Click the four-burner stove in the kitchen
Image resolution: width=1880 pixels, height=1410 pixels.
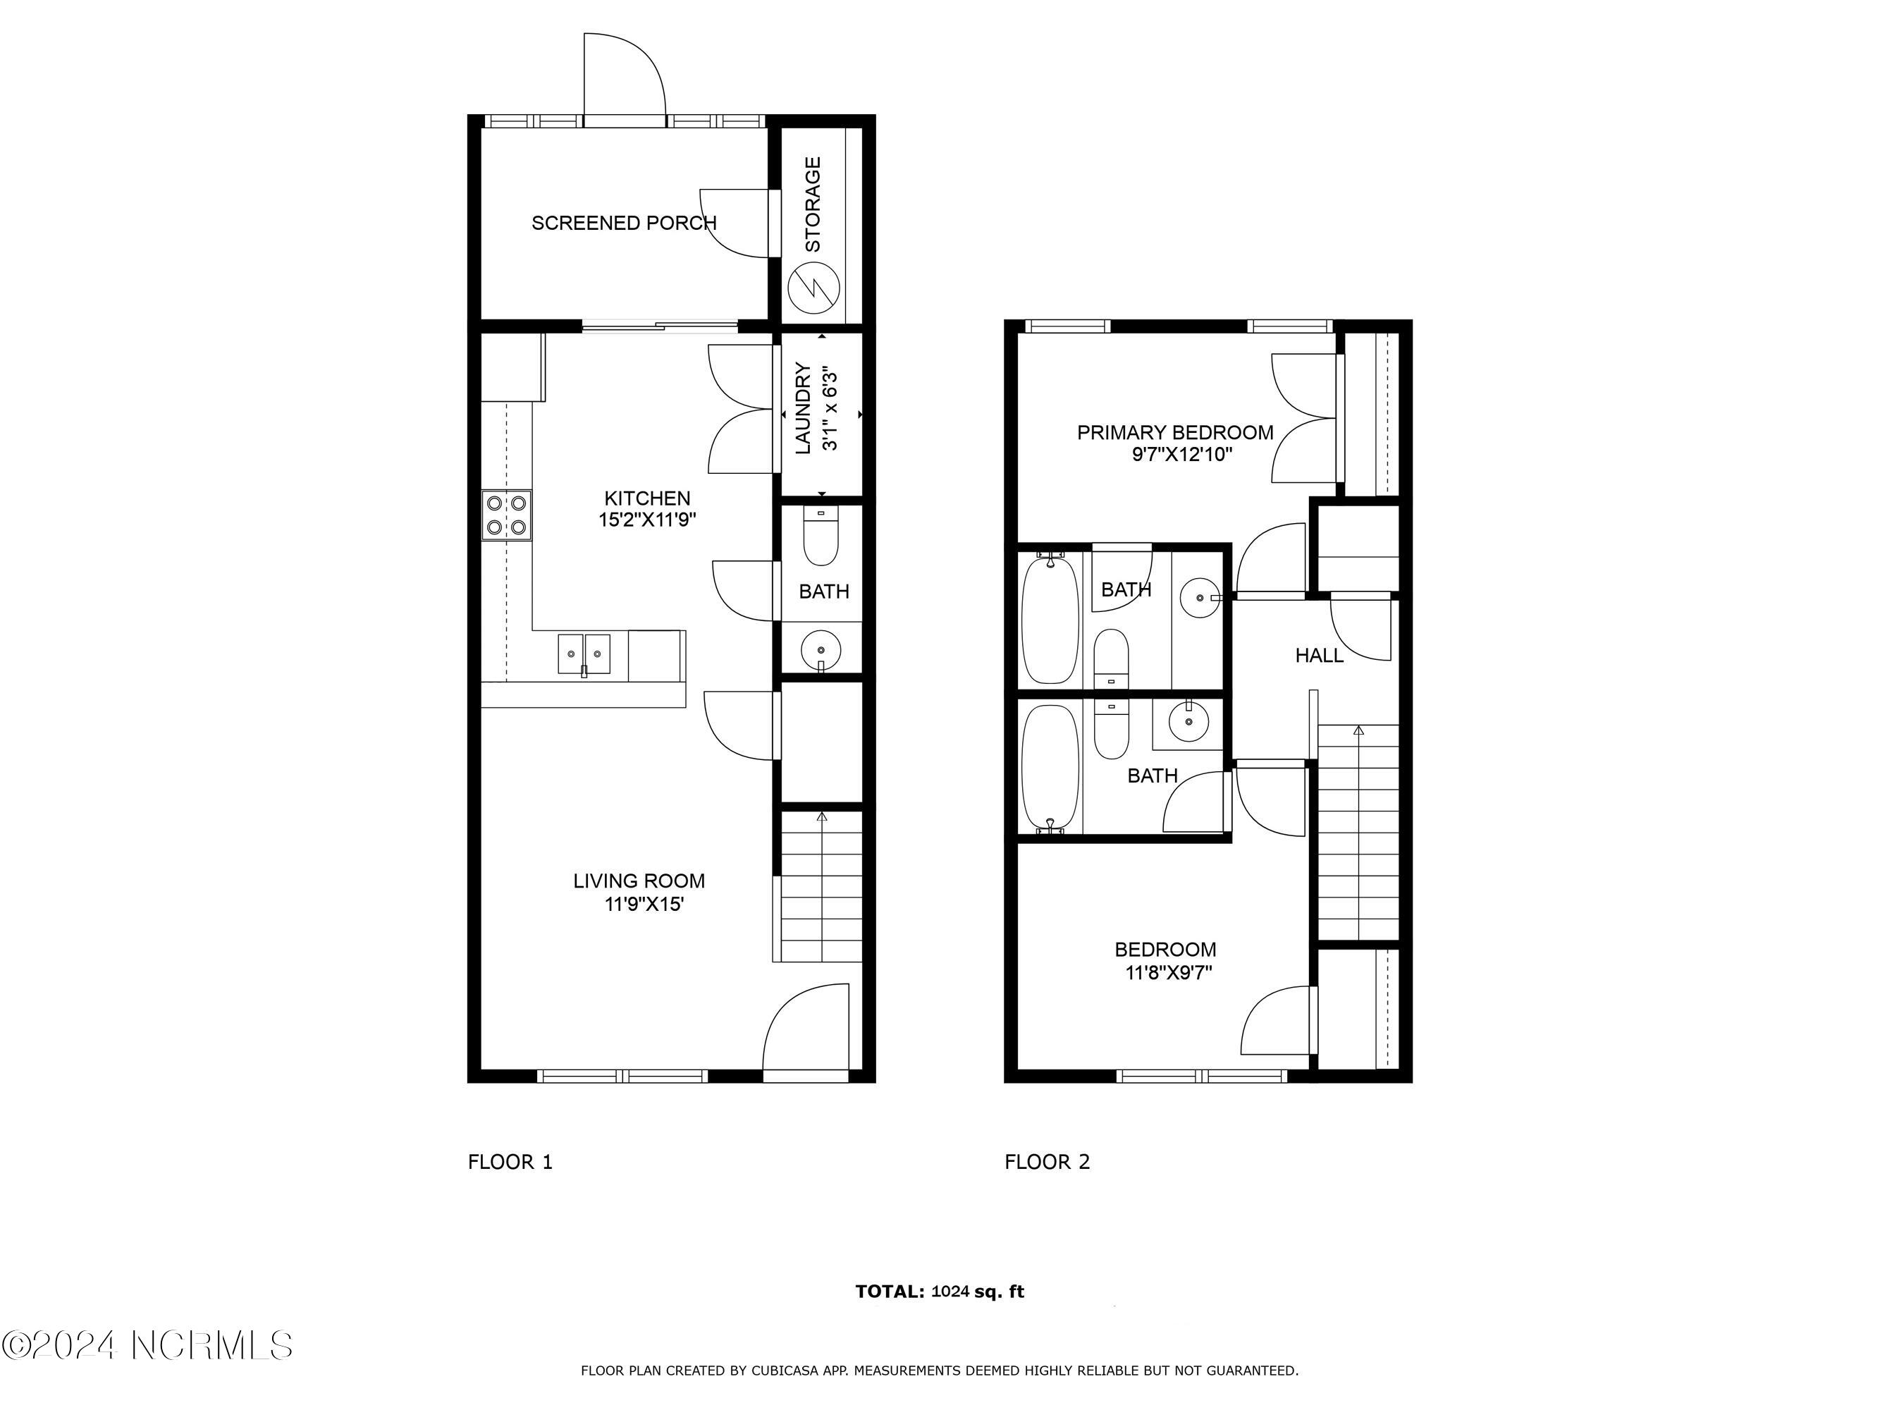coord(508,515)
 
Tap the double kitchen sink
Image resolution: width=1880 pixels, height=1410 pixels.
coord(584,654)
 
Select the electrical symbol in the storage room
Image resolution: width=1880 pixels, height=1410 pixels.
coord(813,288)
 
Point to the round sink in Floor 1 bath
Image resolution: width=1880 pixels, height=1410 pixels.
coord(821,651)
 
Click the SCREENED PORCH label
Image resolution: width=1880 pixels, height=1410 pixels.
coord(624,223)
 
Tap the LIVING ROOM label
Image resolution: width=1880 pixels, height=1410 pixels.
coord(639,881)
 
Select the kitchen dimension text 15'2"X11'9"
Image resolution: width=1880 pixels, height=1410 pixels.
coord(648,520)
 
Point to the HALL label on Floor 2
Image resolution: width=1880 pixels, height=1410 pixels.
coord(1319,655)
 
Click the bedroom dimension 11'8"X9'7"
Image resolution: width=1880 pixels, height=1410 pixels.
coord(1169,972)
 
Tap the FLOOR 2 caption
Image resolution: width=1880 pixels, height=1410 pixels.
coord(1047,1162)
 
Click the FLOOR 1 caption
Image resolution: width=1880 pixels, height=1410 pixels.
coord(510,1162)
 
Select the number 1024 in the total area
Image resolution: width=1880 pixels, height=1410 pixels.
coord(950,1291)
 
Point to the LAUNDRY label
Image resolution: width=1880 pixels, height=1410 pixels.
coord(802,408)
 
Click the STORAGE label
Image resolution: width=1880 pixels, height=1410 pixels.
coord(813,204)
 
